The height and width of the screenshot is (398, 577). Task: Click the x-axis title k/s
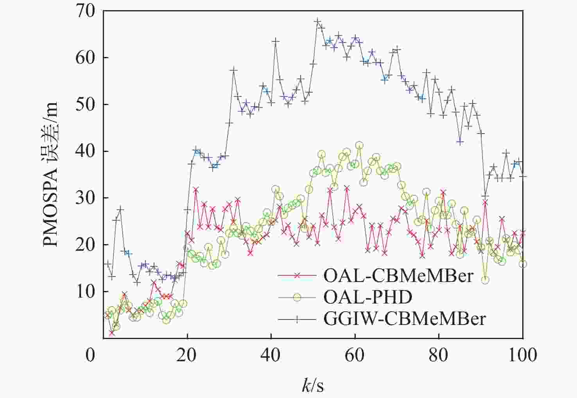point(313,386)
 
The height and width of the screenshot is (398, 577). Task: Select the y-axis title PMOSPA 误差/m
point(51,174)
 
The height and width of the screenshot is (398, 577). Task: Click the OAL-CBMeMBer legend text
point(398,276)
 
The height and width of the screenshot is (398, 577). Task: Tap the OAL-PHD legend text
point(368,298)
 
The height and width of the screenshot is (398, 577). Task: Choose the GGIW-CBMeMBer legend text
point(405,319)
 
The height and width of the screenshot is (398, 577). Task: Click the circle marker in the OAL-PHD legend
point(297,298)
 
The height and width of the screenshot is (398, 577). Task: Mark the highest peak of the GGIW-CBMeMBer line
point(317,21)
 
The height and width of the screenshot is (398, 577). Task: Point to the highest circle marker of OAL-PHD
point(359,146)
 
